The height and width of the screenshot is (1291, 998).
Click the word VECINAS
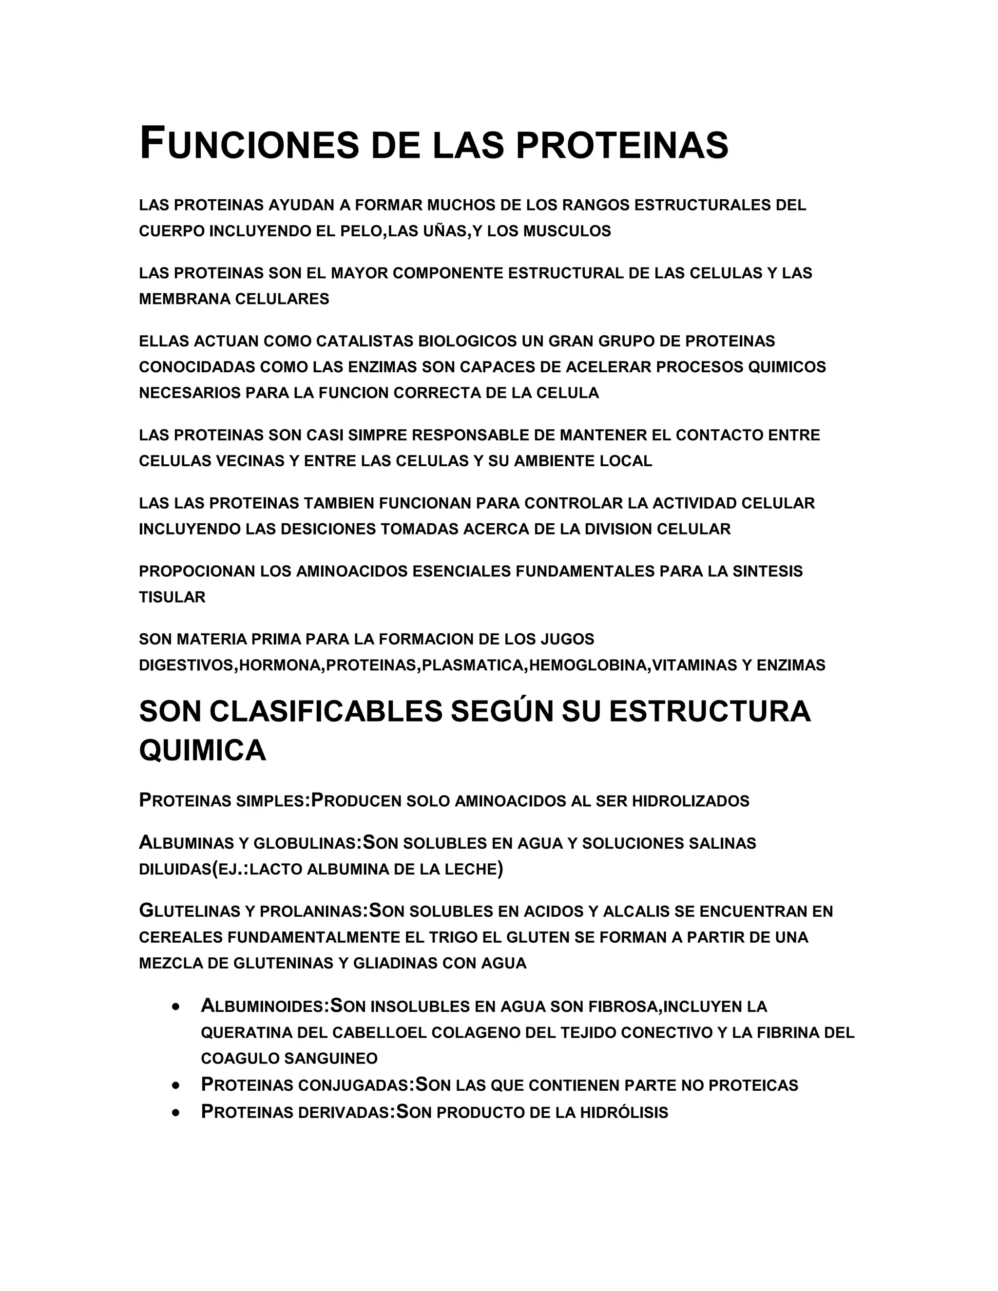tap(250, 461)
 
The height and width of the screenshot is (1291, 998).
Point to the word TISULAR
tap(172, 597)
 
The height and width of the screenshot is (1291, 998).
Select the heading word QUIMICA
tap(202, 751)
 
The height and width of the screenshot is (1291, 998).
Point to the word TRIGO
tap(434, 937)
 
